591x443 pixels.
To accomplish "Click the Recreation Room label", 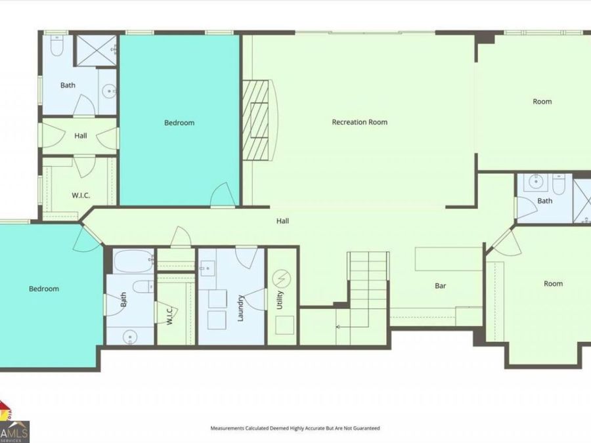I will pyautogui.click(x=359, y=122).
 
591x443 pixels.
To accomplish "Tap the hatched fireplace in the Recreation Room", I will pyautogui.click(x=257, y=120).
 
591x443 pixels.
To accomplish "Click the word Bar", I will pyautogui.click(x=441, y=287).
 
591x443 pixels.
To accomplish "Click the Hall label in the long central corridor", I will pyautogui.click(x=282, y=221).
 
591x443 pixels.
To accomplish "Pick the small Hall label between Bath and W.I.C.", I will pyautogui.click(x=81, y=136).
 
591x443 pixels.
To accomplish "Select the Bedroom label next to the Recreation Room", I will pyautogui.click(x=179, y=123).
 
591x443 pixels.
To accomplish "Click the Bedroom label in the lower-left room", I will pyautogui.click(x=43, y=289).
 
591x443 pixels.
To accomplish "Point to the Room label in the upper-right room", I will pyautogui.click(x=542, y=102).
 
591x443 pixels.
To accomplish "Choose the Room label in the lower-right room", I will pyautogui.click(x=553, y=284).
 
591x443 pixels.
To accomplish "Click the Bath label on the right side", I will pyautogui.click(x=544, y=201).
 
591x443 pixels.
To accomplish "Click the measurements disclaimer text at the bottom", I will pyautogui.click(x=295, y=428).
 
